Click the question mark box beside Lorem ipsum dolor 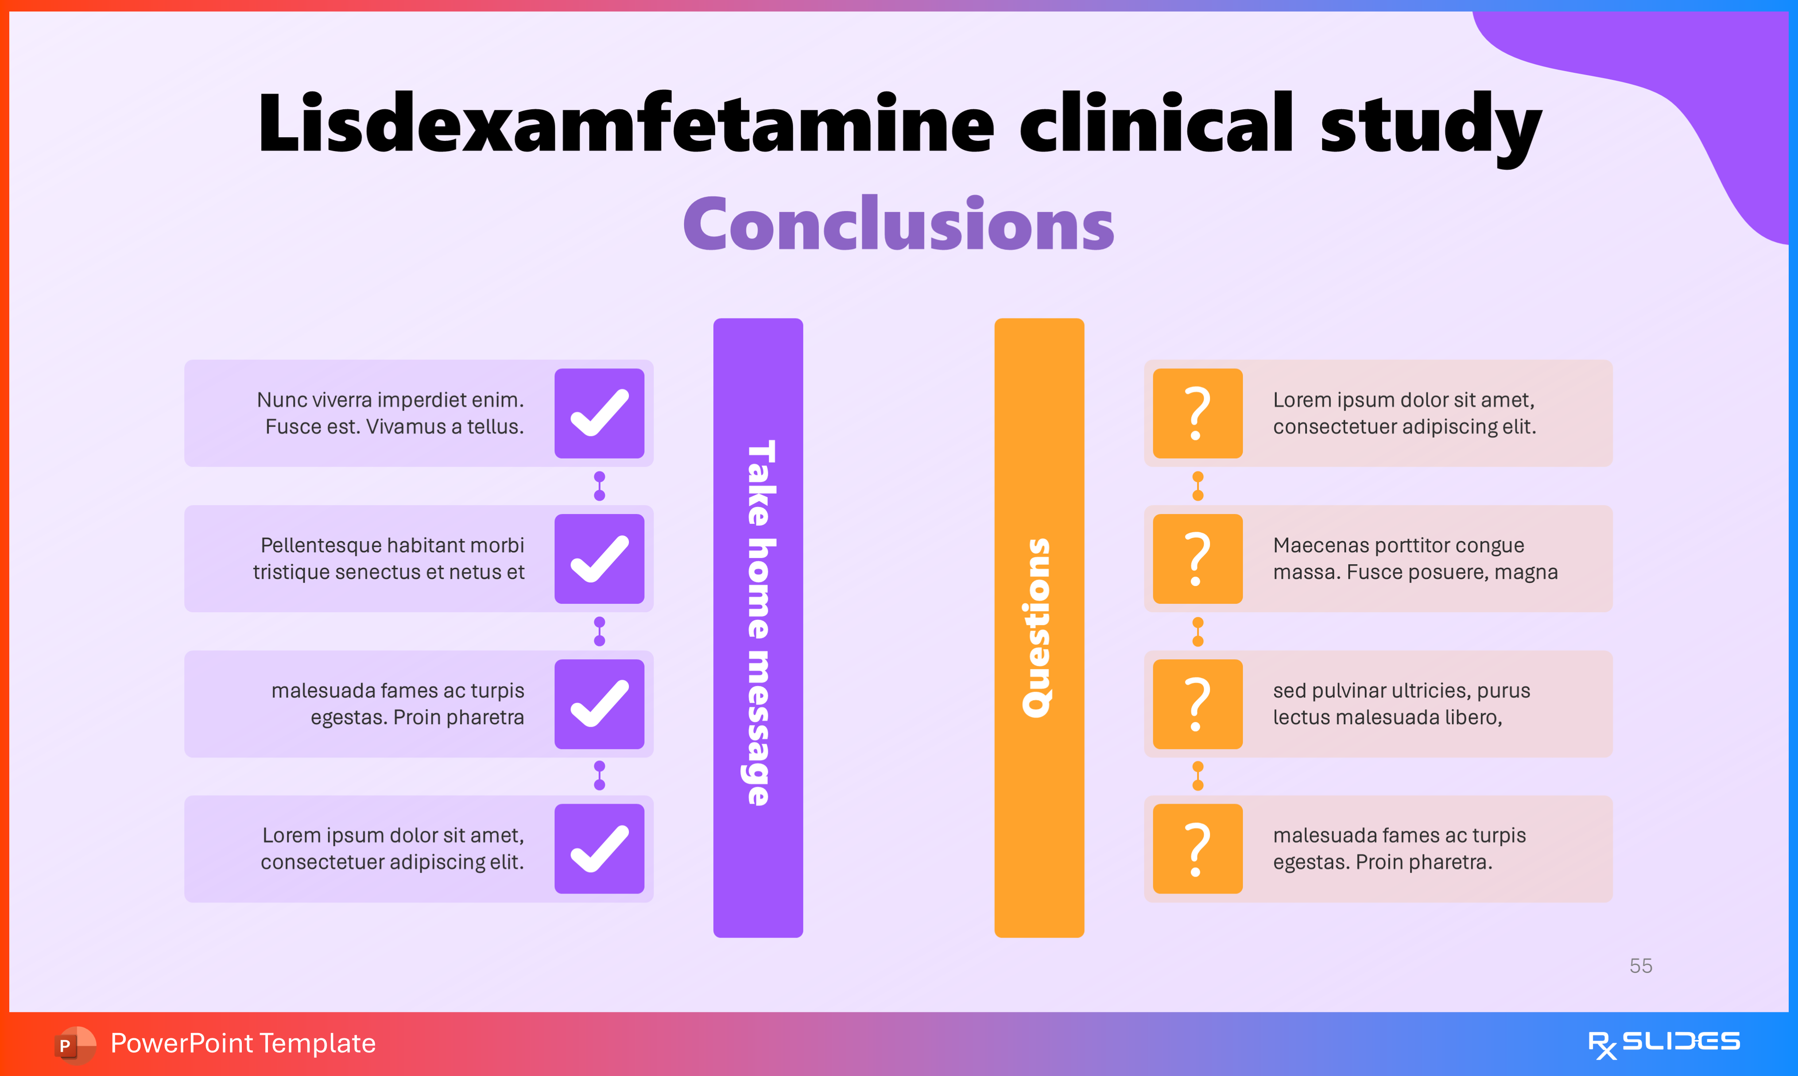1197,413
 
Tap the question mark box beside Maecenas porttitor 1197,559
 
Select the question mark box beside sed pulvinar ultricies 1197,704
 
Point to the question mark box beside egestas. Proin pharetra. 1197,848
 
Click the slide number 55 1641,966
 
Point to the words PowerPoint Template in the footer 243,1043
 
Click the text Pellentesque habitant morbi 392,545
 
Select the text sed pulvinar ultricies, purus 1401,690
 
